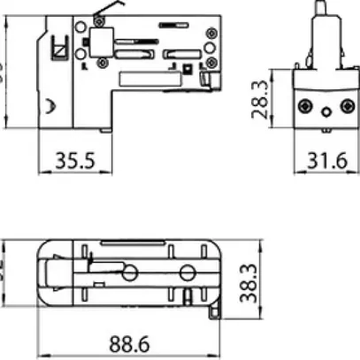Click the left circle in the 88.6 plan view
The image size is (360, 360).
(x=130, y=273)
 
